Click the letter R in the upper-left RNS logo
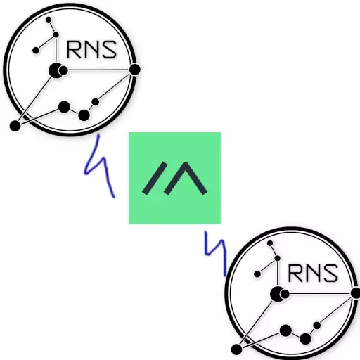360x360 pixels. click(74, 50)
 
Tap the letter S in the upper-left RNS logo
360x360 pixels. click(108, 50)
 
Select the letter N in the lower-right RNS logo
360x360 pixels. click(312, 274)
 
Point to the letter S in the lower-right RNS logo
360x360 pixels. click(329, 274)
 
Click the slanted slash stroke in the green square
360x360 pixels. click(155, 178)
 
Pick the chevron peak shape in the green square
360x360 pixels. click(186, 178)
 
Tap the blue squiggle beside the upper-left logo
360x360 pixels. click(99, 165)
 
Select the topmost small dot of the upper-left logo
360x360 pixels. click(49, 20)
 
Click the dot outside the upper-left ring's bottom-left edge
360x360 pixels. click(15, 126)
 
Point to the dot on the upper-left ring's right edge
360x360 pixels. click(135, 70)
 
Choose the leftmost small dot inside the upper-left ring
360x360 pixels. click(36, 50)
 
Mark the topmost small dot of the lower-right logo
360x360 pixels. click(270, 243)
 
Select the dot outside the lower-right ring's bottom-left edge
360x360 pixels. click(236, 349)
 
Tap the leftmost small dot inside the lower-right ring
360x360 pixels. click(257, 274)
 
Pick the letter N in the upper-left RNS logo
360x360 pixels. click(91, 50)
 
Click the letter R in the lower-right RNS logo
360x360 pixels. click(296, 274)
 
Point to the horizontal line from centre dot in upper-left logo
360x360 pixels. click(98, 70)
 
